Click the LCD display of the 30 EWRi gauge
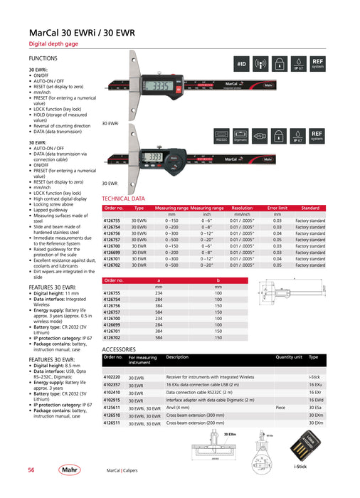(162, 87)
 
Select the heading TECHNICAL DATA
(124, 199)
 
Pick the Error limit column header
(277, 208)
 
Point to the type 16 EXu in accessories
(316, 384)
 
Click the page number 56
(31, 470)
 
